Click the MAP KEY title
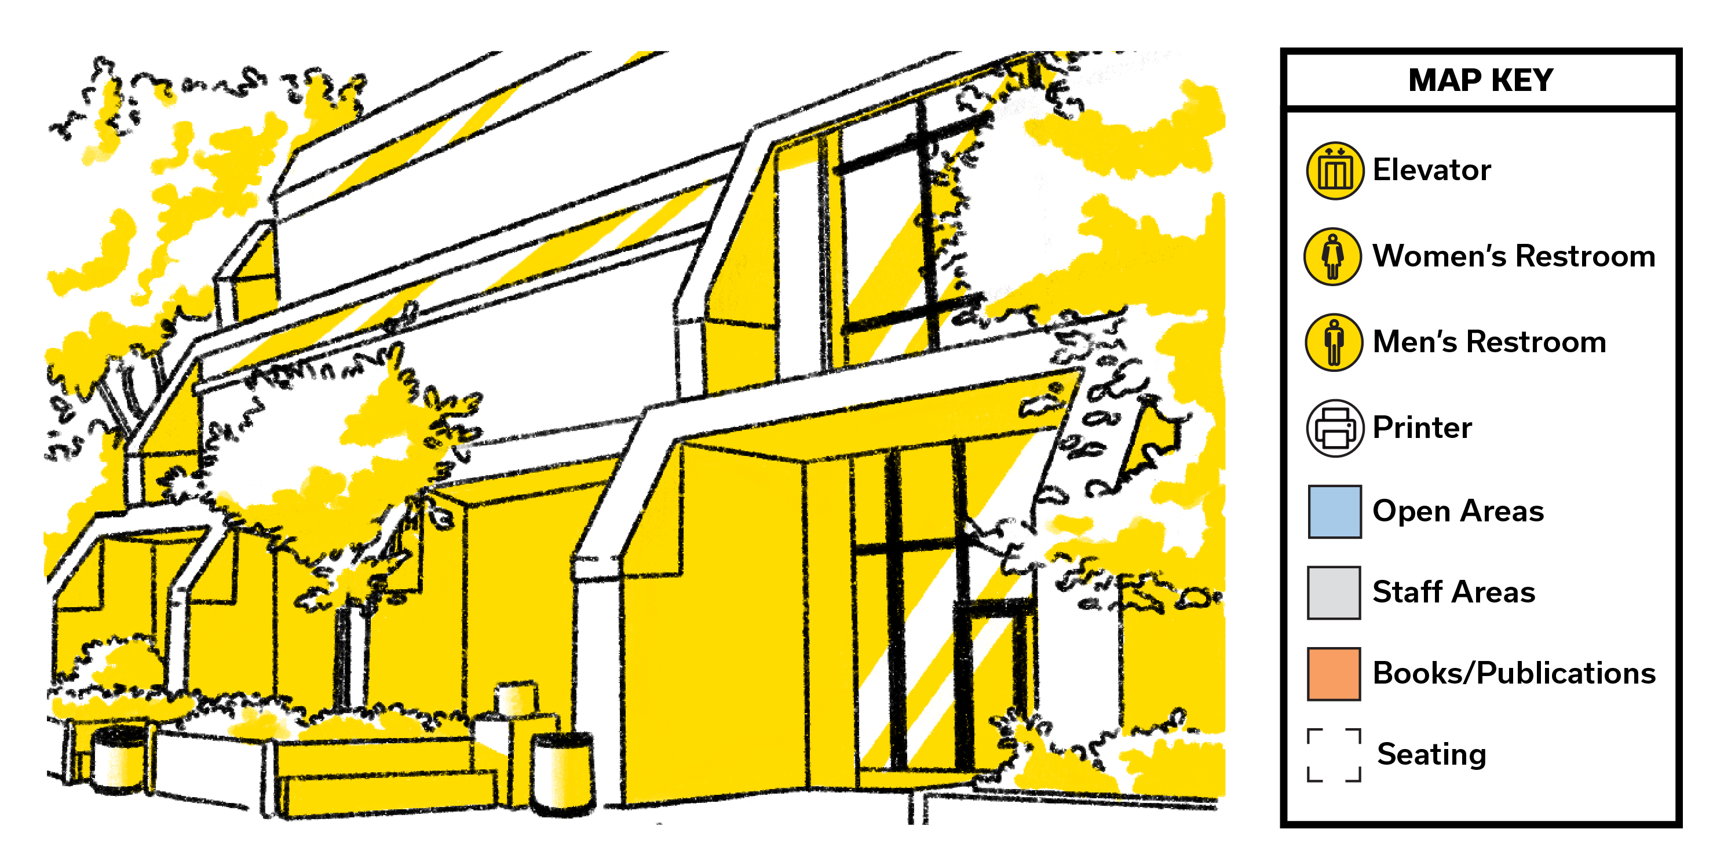pyautogui.click(x=1480, y=81)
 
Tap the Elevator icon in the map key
pyautogui.click(x=1335, y=171)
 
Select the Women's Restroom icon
pyautogui.click(x=1332, y=256)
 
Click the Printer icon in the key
pyautogui.click(x=1335, y=428)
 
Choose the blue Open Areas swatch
pyautogui.click(x=1335, y=512)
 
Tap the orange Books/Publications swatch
pyautogui.click(x=1334, y=674)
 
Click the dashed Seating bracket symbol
pyautogui.click(x=1334, y=755)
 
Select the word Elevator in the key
pyautogui.click(x=1431, y=170)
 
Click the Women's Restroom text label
pyautogui.click(x=1514, y=255)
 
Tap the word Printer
pyautogui.click(x=1422, y=427)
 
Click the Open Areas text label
pyautogui.click(x=1458, y=512)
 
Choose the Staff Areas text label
pyautogui.click(x=1453, y=592)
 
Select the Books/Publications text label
pyautogui.click(x=1514, y=673)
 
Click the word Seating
pyautogui.click(x=1431, y=755)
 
